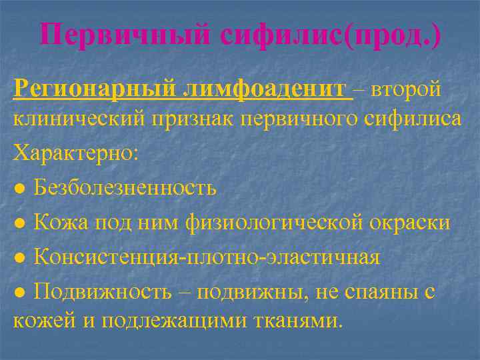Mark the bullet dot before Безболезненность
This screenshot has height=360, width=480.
pos(21,189)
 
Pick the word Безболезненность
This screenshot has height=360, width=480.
pos(125,188)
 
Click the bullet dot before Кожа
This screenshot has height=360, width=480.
pos(21,222)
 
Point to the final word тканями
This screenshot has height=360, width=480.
pos(304,321)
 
